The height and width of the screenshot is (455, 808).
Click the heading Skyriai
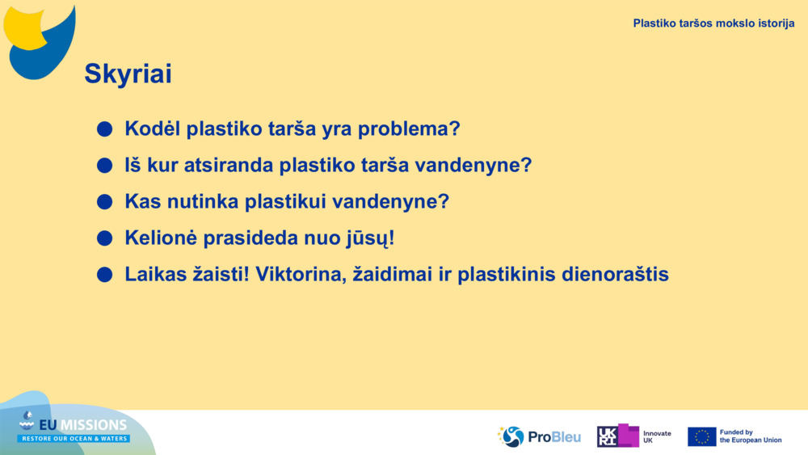point(128,74)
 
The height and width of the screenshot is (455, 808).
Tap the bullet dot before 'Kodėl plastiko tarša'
point(104,128)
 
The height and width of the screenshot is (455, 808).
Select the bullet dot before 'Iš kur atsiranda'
point(104,166)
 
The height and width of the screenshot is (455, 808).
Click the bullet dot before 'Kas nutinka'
point(104,201)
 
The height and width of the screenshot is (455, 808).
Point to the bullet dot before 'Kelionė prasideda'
point(104,238)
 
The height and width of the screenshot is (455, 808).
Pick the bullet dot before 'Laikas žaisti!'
point(104,275)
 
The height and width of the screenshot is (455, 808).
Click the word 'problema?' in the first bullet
point(409,129)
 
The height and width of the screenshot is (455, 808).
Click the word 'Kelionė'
point(161,238)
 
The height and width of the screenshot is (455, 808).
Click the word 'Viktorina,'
point(301,275)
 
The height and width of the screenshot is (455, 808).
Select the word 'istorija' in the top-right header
point(775,23)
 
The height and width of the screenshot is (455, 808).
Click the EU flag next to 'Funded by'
point(702,436)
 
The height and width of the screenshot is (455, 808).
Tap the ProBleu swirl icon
point(511,436)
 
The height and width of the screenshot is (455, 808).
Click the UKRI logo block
point(618,436)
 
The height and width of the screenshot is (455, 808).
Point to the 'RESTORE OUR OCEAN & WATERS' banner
point(74,439)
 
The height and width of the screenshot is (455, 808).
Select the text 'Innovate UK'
point(657,437)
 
